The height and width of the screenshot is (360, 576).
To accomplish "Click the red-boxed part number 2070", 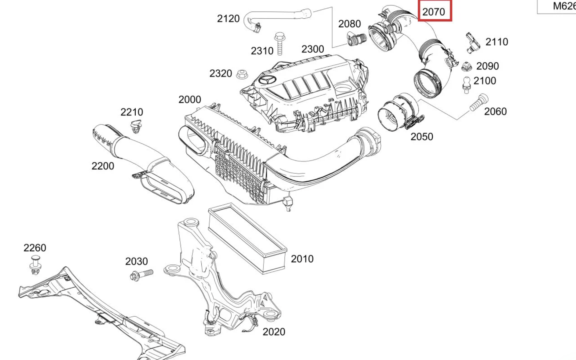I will coord(434,11).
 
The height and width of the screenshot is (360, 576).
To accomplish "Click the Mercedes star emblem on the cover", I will coord(267,80).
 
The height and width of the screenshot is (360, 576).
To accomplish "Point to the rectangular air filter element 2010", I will coord(248,238).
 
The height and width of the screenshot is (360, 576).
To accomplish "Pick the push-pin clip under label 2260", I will coord(36,265).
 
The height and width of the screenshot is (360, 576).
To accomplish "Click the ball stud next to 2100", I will coord(466,85).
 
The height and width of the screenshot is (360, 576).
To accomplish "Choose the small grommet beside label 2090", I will coord(466,66).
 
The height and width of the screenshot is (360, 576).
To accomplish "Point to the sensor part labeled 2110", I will coord(472,42).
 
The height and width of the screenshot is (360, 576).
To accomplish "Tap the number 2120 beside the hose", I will coord(228,19).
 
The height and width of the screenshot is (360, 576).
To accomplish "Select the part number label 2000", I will coord(190,99).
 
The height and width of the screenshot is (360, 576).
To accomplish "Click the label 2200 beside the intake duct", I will coord(103,166).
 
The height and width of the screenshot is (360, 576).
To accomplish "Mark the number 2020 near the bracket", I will coord(274,332).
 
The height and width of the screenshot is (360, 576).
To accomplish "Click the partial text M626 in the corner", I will coord(564,6).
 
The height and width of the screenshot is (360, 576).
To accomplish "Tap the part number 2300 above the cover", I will coord(313,49).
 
